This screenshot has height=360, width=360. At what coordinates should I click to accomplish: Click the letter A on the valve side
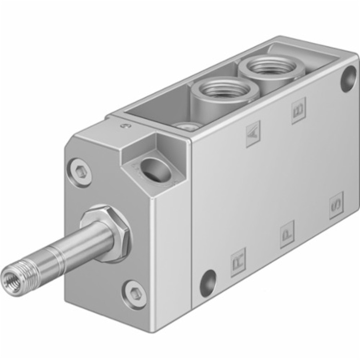point(253,134)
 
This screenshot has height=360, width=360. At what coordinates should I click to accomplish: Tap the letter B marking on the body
point(298,110)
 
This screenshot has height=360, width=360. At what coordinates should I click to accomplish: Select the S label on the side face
point(336,205)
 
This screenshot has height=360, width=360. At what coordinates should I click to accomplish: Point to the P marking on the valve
point(287,234)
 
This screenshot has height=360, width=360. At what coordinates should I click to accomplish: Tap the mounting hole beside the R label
point(208,283)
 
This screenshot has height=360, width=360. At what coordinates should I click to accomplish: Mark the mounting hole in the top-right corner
point(348,78)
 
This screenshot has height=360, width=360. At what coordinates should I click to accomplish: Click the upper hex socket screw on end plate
point(81,172)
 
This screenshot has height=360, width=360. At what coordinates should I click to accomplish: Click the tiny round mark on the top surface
point(128,126)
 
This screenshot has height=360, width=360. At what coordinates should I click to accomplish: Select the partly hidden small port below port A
point(188,126)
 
